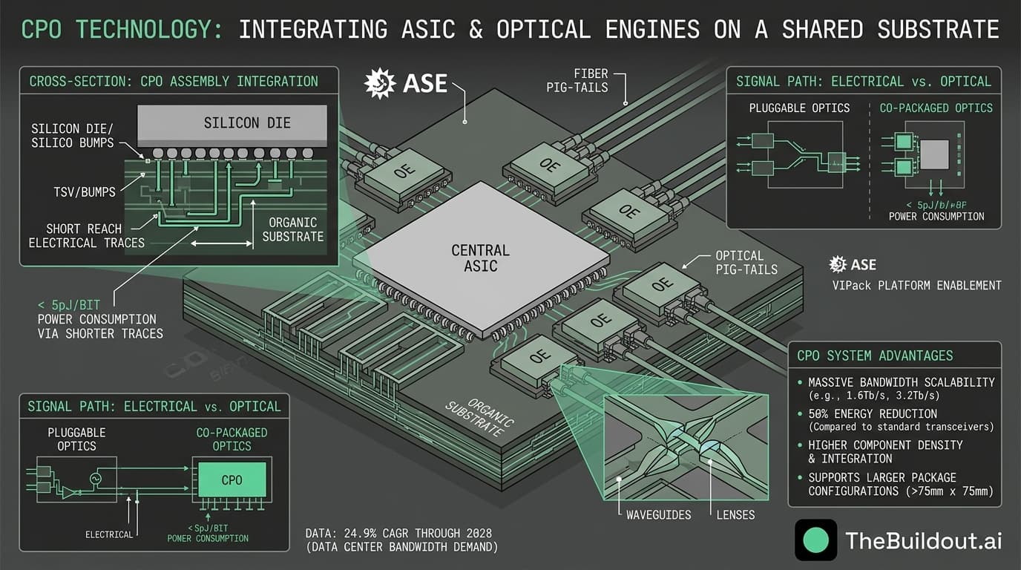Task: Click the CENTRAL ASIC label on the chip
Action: point(480,258)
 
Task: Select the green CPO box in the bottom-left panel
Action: point(232,479)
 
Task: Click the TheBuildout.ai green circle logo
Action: point(815,540)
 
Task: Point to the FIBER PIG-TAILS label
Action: point(591,80)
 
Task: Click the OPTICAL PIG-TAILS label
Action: point(746,262)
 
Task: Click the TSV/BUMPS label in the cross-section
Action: point(84,192)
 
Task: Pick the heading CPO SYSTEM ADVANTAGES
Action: point(875,356)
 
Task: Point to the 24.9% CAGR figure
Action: point(398,534)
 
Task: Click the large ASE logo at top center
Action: point(406,83)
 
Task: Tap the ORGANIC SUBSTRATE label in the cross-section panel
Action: point(293,229)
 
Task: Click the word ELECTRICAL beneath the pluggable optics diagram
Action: point(109,534)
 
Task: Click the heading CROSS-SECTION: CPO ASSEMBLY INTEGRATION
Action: point(174,82)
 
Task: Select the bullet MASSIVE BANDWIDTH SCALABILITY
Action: point(901,382)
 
